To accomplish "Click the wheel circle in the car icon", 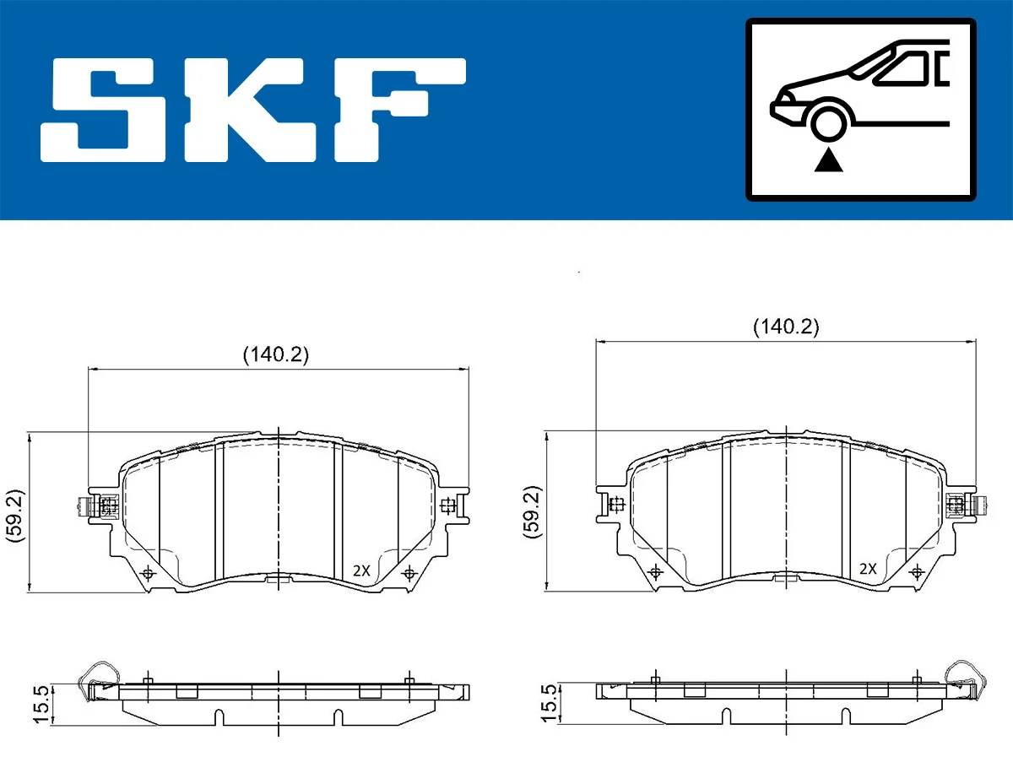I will click(x=829, y=121).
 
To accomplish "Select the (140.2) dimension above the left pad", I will click(x=276, y=355).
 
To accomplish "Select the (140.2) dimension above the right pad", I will click(x=786, y=327).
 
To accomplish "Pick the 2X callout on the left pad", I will click(x=361, y=570).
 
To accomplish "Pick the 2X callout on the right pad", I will click(x=869, y=569).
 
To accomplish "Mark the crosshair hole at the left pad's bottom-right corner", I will click(x=409, y=574).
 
